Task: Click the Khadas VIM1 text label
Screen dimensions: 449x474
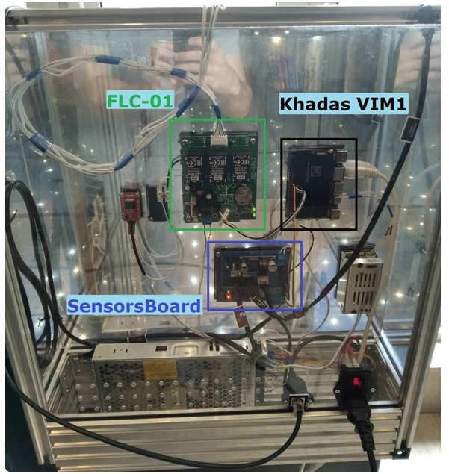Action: (344, 105)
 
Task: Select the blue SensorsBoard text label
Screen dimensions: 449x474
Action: (134, 305)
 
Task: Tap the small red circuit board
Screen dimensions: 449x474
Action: (131, 202)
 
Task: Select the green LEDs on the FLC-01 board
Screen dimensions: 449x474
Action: (254, 216)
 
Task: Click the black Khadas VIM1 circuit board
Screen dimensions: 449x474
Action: (314, 183)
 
